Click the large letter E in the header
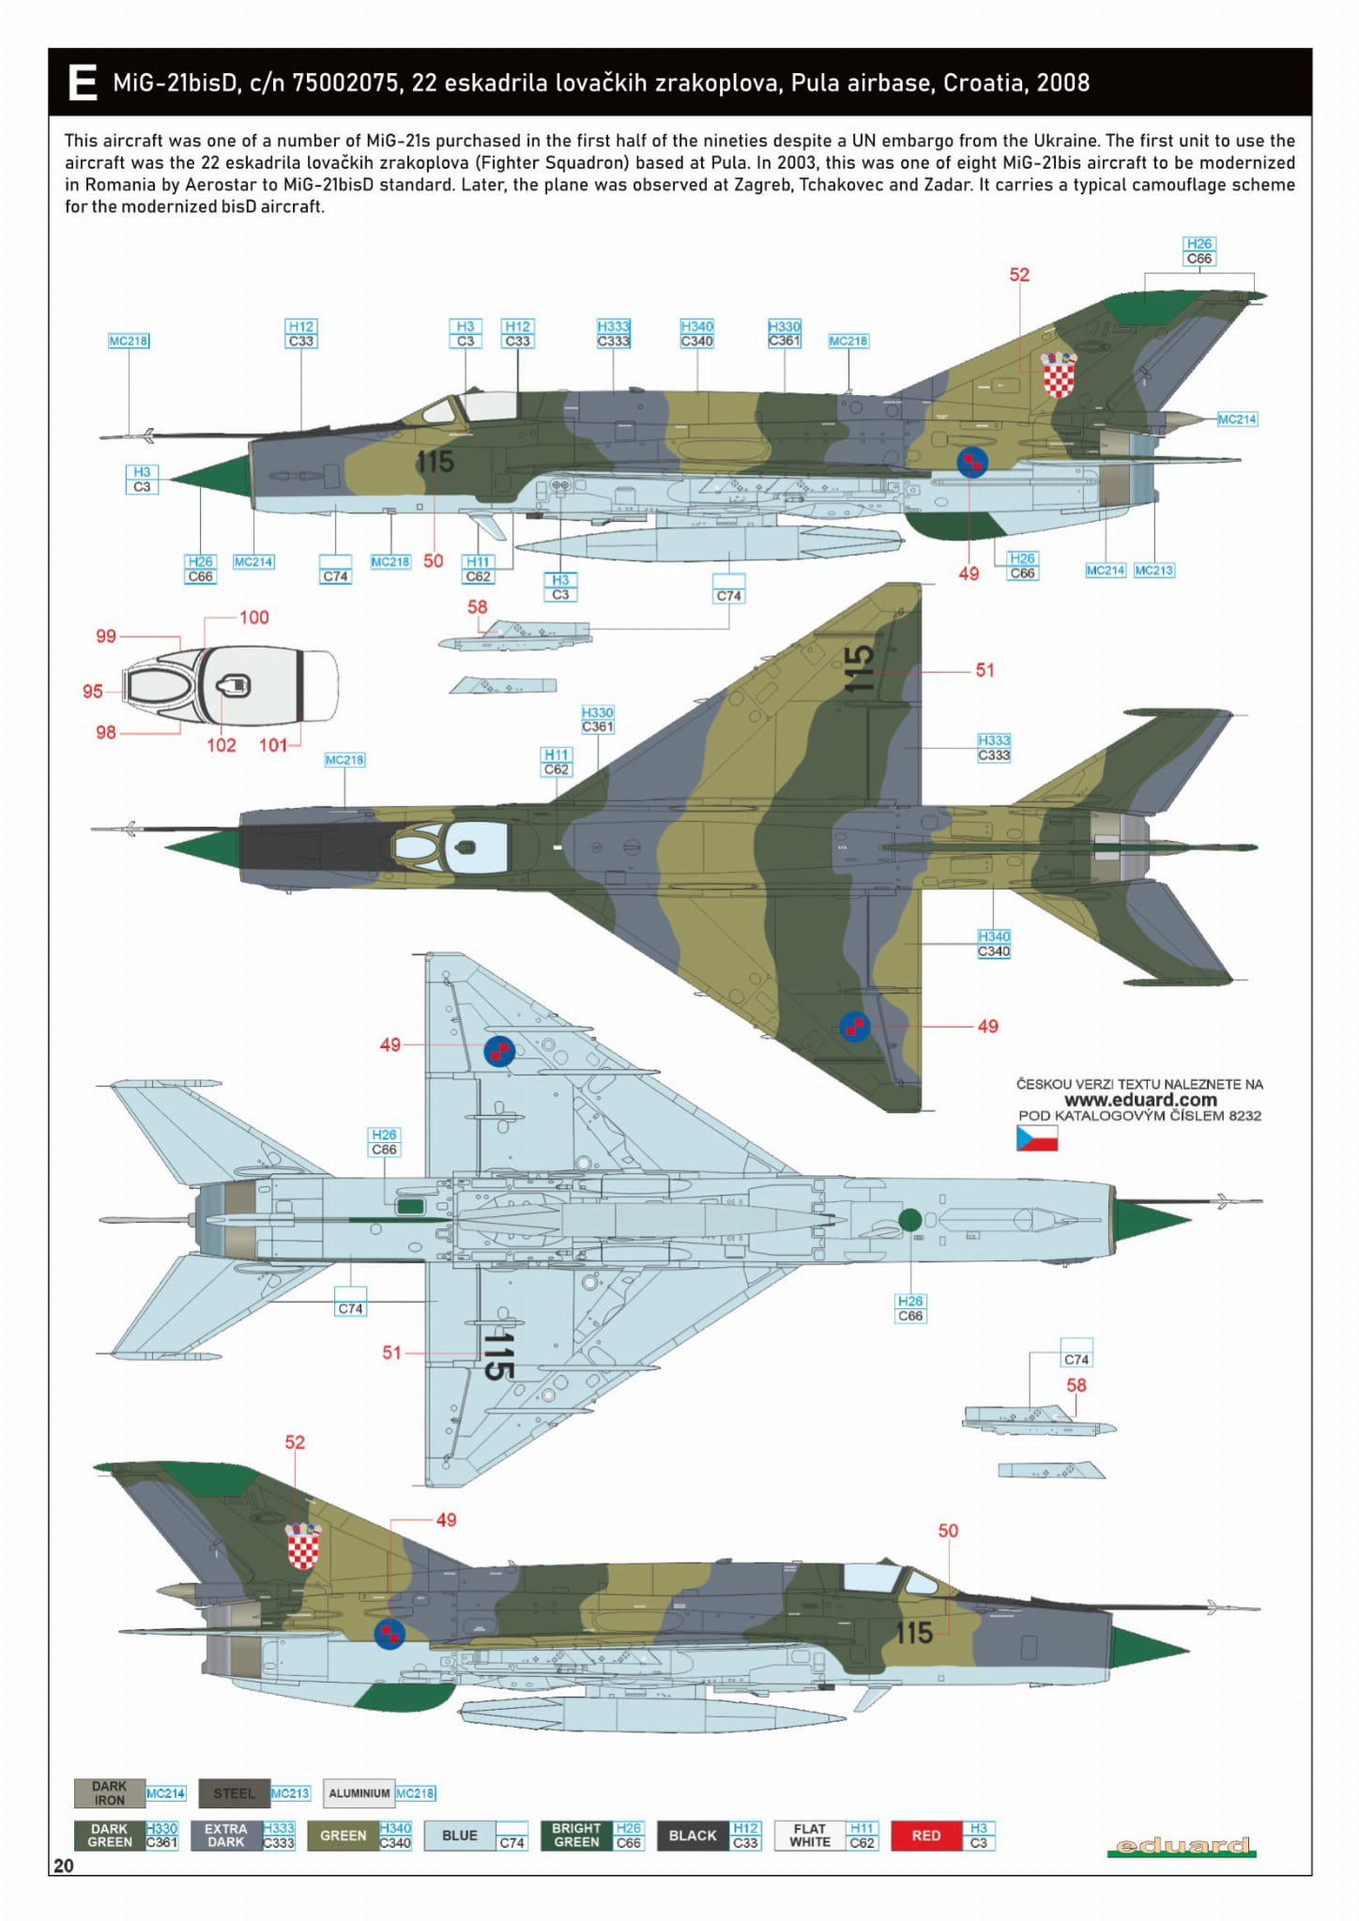coord(83,83)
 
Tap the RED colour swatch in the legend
coord(925,1836)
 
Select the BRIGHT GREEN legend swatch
coord(576,1836)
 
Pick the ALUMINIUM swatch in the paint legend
coord(359,1793)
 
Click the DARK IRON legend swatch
coord(110,1793)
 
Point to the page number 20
coord(64,1866)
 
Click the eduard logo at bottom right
coord(1182,1846)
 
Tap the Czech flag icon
coord(1036,1139)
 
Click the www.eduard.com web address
coord(1140,1100)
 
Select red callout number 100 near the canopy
coord(254,617)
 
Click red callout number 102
coord(221,745)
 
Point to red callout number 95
coord(92,692)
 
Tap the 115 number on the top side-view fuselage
coord(435,462)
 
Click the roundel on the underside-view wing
coord(499,1051)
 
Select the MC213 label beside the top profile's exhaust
coord(1153,571)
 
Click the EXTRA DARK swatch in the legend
coord(225,1836)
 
